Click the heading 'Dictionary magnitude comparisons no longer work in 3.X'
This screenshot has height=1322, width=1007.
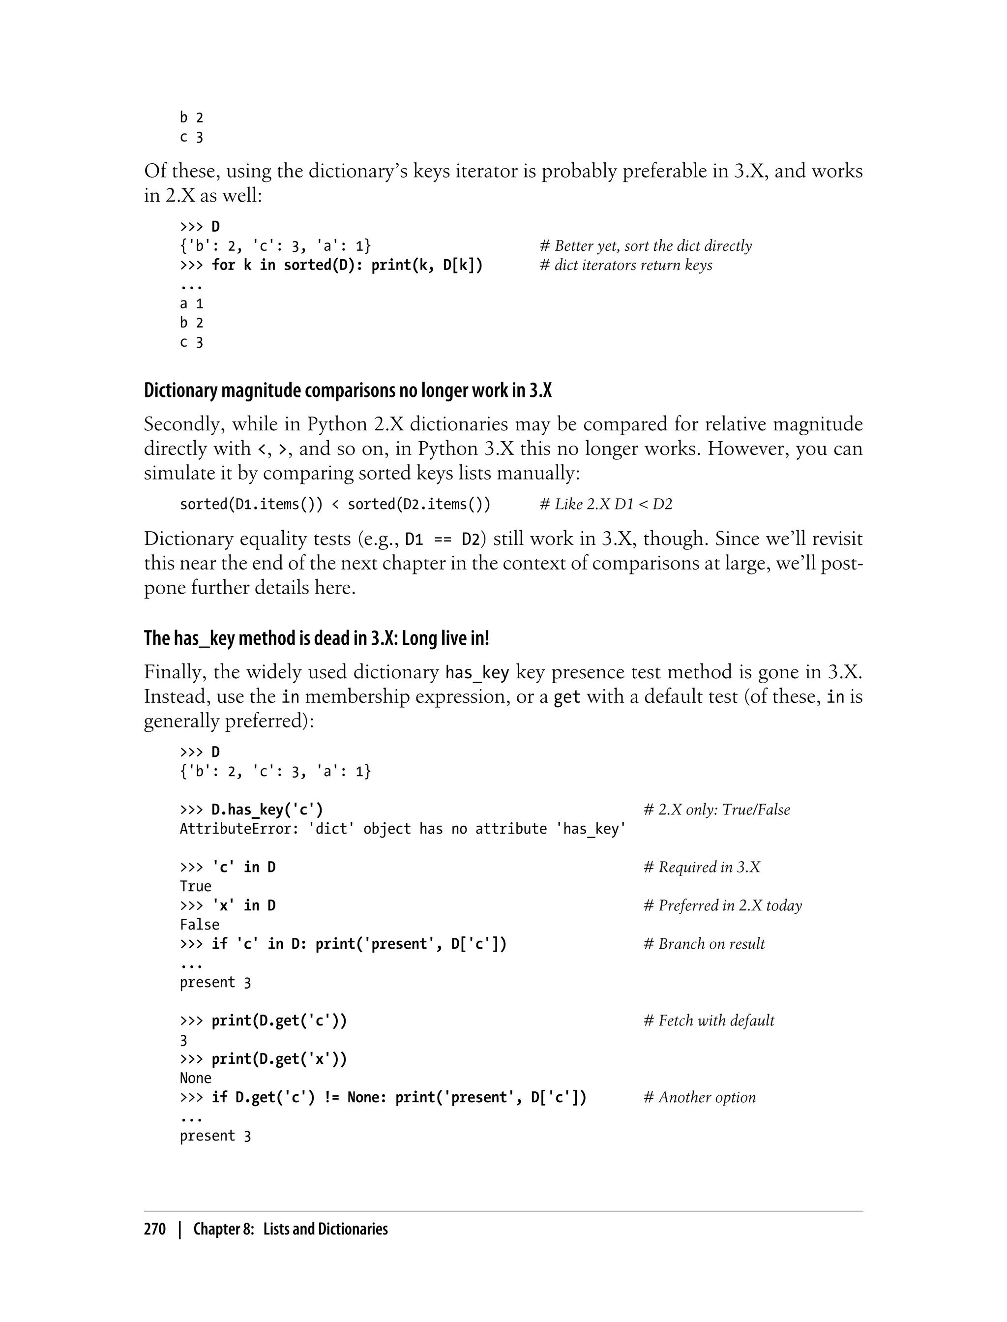pos(348,391)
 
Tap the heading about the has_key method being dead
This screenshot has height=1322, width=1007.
pos(317,638)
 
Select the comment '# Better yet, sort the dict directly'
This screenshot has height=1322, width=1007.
pos(646,246)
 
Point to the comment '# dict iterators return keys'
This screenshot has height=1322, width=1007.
pos(626,265)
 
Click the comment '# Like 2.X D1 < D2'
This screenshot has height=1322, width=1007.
pos(606,504)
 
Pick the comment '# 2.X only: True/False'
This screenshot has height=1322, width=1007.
pos(716,810)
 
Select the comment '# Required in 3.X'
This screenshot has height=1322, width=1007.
pos(701,867)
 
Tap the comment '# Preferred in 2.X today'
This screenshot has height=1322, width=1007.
pos(722,905)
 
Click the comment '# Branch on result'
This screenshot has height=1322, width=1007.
pos(704,944)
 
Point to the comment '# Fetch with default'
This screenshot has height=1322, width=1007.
pos(709,1021)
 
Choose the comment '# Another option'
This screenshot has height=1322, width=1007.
pos(700,1097)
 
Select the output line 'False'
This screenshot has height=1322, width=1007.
pos(200,925)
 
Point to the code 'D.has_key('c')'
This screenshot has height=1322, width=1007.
pos(267,810)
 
